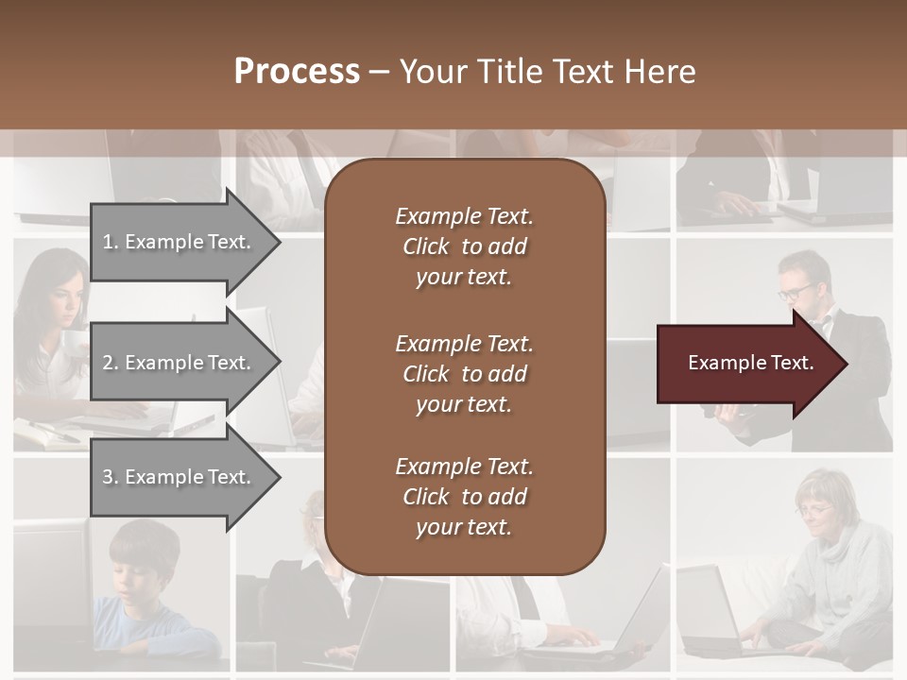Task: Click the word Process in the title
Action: tap(297, 72)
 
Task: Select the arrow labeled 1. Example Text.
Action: tap(180, 242)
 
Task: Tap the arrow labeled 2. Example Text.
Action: tap(180, 363)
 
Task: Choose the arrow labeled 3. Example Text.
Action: tap(180, 477)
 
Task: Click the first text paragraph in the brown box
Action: tap(464, 246)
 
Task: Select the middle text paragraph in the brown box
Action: tap(464, 374)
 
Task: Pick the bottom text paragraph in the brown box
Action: tap(464, 497)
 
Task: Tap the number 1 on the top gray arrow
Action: tap(108, 242)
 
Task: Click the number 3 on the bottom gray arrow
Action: tap(108, 477)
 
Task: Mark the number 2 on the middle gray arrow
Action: tap(108, 363)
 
